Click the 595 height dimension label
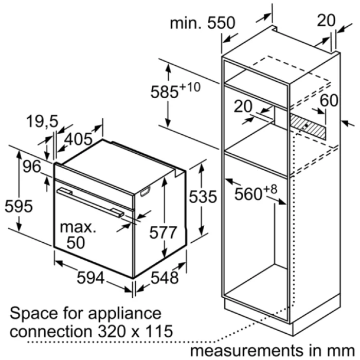(19, 206)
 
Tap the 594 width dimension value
(91, 278)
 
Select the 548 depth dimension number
(165, 278)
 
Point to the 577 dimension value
(163, 232)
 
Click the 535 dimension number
(203, 197)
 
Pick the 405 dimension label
(78, 139)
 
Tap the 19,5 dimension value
(42, 121)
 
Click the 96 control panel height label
(32, 167)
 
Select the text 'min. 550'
(203, 23)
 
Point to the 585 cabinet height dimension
(175, 90)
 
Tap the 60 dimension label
(329, 100)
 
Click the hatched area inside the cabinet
(308, 127)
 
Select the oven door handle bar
(91, 203)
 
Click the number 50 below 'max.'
(76, 243)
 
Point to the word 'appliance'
(125, 314)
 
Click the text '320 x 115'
(135, 331)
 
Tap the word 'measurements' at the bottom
(246, 350)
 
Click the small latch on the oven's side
(145, 191)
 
